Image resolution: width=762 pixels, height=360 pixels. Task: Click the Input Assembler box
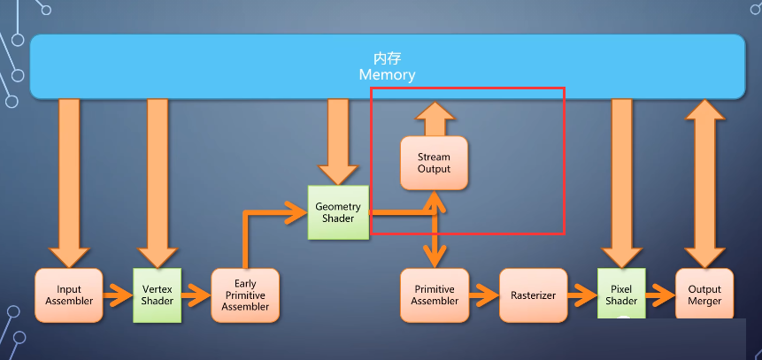[x=69, y=295]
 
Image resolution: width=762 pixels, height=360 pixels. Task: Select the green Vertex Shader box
[x=158, y=295]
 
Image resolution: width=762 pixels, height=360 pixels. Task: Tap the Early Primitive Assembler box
[x=245, y=295]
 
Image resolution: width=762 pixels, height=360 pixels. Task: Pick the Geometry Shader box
[x=338, y=212]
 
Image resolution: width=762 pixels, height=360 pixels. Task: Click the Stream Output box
[x=434, y=163]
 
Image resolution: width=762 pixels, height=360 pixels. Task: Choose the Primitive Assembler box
[x=435, y=295]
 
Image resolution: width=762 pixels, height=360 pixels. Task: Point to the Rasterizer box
[x=533, y=295]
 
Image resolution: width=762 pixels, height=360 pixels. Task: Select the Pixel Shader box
[x=621, y=294]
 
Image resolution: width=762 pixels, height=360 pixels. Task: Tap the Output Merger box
[x=704, y=295]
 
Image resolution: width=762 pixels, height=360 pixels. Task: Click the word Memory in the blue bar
[x=388, y=75]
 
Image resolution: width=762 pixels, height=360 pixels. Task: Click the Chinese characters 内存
[x=388, y=58]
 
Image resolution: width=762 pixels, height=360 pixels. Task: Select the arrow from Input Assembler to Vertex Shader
[x=118, y=295]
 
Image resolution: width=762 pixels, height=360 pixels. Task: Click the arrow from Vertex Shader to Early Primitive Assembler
[x=196, y=295]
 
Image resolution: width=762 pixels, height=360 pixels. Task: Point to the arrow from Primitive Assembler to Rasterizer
[x=484, y=295]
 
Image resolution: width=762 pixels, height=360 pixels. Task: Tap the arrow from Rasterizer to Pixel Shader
[x=582, y=295]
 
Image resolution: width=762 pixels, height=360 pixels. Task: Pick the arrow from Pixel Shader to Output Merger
[x=661, y=295]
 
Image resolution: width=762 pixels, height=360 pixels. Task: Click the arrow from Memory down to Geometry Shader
[x=338, y=142]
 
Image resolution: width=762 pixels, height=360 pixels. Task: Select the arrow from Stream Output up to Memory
[x=435, y=119]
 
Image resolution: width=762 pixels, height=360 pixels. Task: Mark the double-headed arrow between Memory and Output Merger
[x=704, y=184]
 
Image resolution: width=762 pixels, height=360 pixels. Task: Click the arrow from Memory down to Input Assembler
[x=69, y=184]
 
